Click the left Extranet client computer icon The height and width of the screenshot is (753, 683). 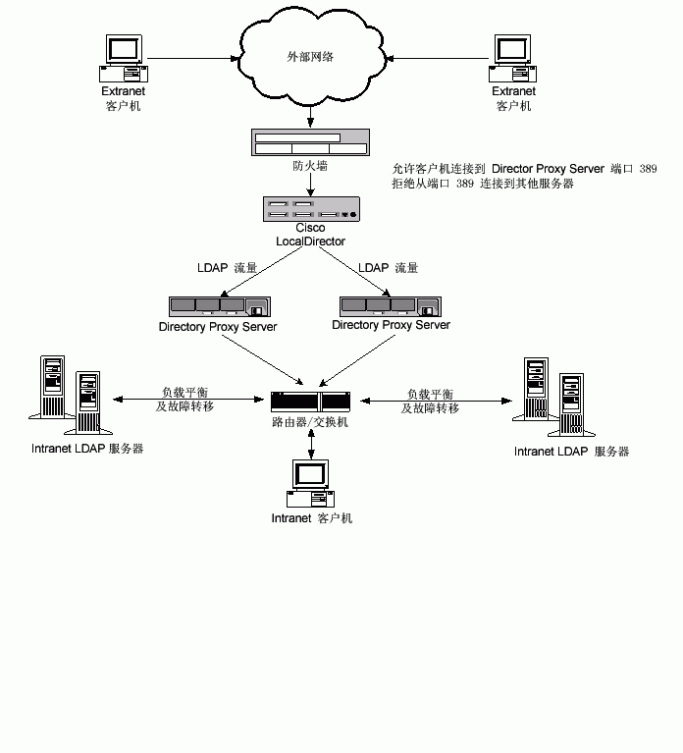click(123, 58)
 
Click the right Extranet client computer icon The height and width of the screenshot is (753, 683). click(513, 58)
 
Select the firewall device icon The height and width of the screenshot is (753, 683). click(311, 142)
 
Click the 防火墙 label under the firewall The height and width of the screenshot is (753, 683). click(310, 166)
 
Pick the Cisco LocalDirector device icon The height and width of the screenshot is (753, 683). click(311, 209)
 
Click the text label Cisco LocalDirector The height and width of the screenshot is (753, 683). click(310, 235)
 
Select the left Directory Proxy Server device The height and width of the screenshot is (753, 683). click(218, 306)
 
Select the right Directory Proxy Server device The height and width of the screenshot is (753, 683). click(391, 306)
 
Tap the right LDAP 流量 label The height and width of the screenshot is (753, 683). click(388, 268)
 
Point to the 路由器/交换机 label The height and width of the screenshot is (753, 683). click(310, 422)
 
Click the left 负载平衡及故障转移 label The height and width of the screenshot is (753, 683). click(185, 400)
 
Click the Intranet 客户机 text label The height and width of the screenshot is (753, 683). click(311, 518)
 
